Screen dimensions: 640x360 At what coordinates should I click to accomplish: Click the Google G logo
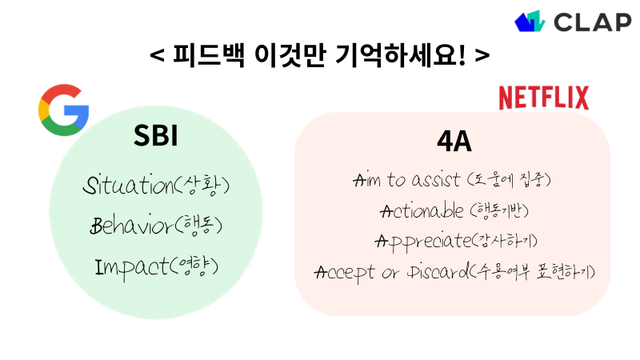(63, 110)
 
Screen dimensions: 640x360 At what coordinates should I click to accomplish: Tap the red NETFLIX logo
(543, 98)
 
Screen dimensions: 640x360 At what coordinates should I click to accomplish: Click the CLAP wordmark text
(592, 22)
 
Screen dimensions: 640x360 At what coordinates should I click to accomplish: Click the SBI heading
(155, 137)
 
